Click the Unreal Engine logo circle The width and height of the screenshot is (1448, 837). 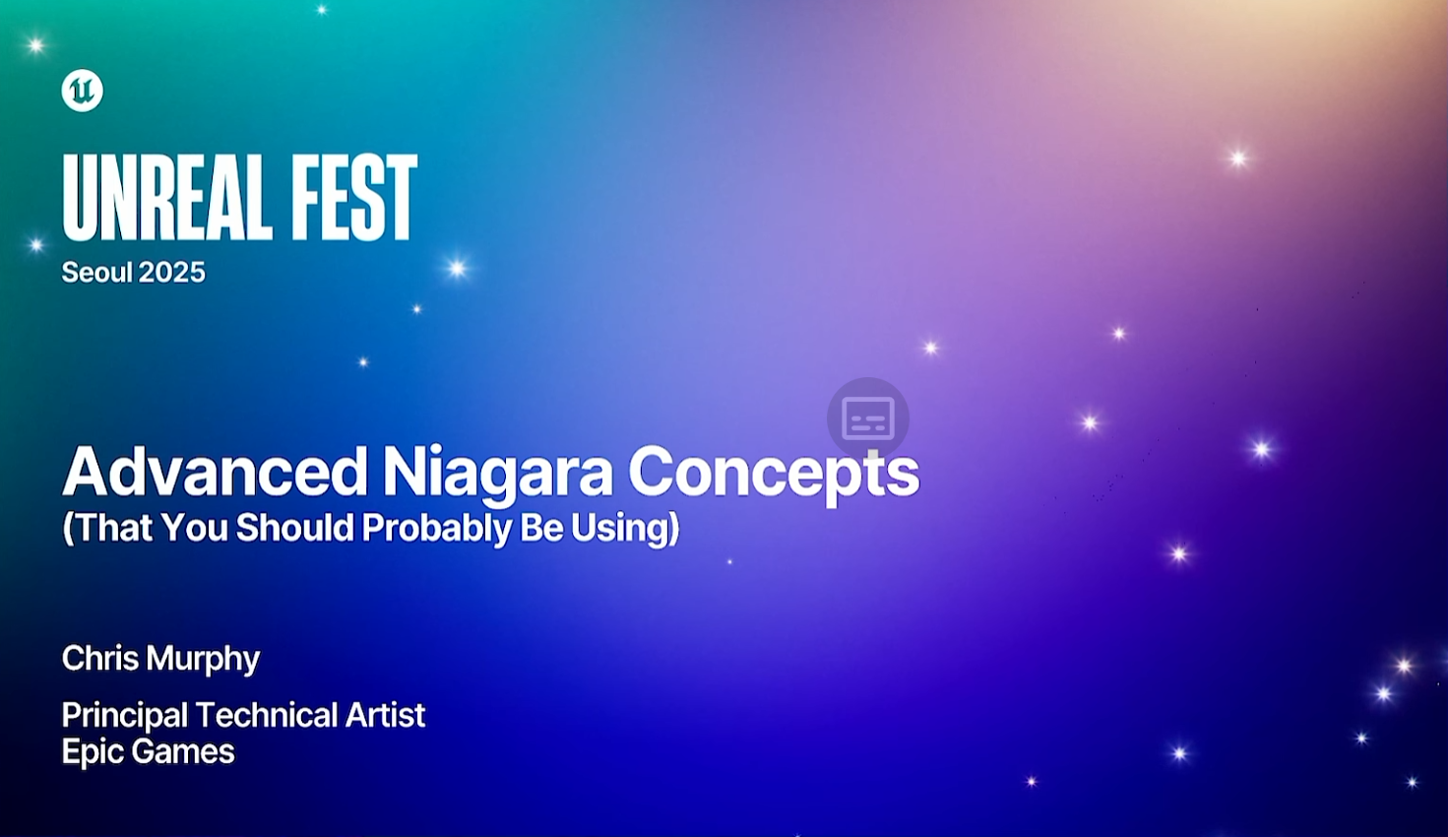pyautogui.click(x=82, y=91)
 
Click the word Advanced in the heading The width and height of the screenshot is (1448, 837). pyautogui.click(x=216, y=472)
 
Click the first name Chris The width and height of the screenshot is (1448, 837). pyautogui.click(x=100, y=659)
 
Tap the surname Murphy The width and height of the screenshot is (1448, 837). pyautogui.click(x=203, y=660)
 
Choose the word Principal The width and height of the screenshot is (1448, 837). pyautogui.click(x=125, y=717)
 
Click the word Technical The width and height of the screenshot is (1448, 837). pyautogui.click(x=267, y=715)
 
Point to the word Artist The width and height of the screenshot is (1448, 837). pyautogui.click(x=385, y=715)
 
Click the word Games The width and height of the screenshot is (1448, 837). pyautogui.click(x=180, y=751)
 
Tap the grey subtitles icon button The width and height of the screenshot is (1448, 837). pyautogui.click(x=868, y=418)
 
